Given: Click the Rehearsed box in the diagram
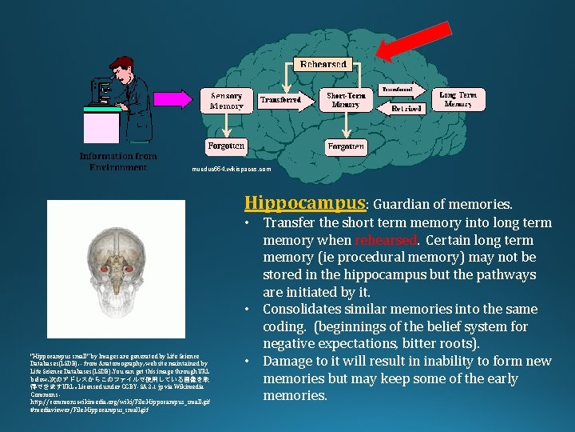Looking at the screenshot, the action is click(x=323, y=64).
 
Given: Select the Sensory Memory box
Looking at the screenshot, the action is click(x=226, y=101).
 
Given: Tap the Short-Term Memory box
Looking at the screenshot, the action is click(x=346, y=100).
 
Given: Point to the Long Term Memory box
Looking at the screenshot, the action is click(x=458, y=99).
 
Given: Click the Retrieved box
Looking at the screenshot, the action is click(x=401, y=108).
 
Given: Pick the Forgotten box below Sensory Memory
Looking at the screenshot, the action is click(x=226, y=146).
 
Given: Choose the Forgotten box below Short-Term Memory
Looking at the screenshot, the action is click(x=346, y=146).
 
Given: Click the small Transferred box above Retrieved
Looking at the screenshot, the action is click(x=401, y=89).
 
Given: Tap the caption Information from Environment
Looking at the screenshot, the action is click(x=117, y=162).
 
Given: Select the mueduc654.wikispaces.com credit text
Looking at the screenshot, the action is click(x=232, y=170).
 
